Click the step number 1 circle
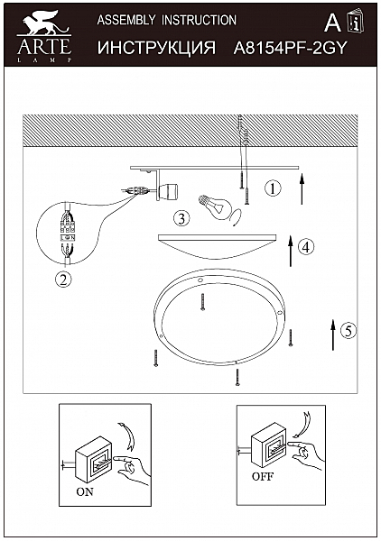point(273,188)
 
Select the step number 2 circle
point(63,280)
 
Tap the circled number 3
point(181,218)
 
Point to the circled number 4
point(306,247)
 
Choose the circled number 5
point(348,331)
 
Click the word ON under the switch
point(85,491)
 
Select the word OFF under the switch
point(263,476)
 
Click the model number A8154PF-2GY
point(290,48)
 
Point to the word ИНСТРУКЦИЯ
point(156,48)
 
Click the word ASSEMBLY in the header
point(126,20)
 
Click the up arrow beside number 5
point(333,335)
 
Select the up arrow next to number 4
point(291,251)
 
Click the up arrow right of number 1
point(302,188)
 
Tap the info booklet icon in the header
point(356,22)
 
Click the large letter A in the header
point(332,23)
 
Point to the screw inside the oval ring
point(202,301)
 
